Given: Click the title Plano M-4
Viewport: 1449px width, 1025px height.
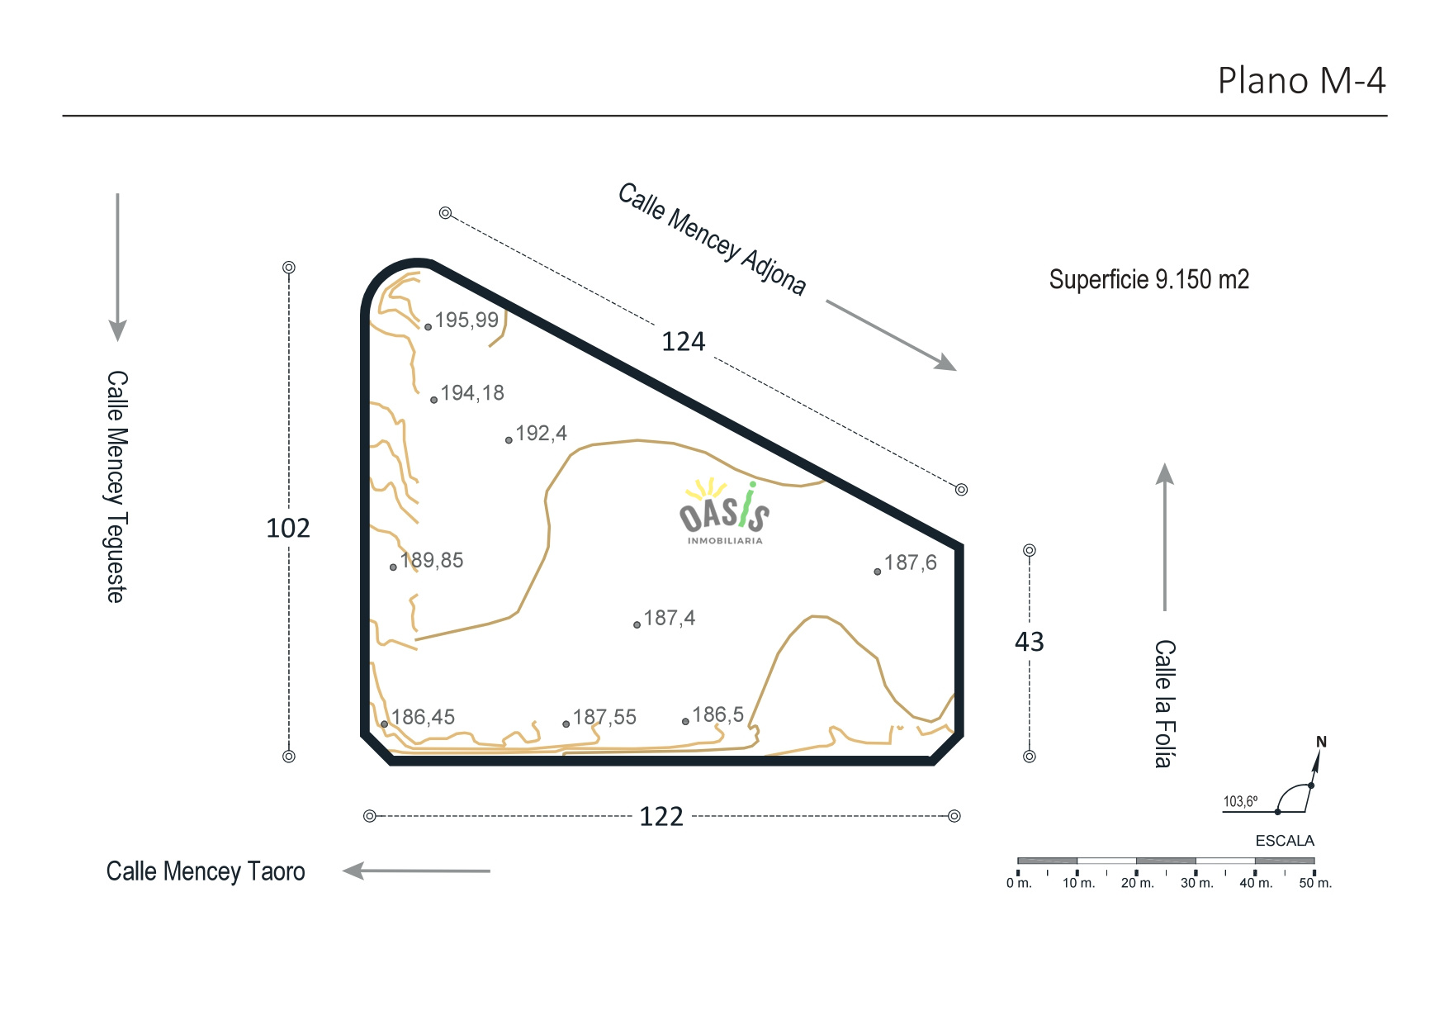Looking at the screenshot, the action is click(x=1301, y=81).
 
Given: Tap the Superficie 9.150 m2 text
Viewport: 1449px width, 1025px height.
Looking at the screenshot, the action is click(x=1148, y=280).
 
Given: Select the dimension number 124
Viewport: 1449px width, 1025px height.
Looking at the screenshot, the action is click(x=684, y=342).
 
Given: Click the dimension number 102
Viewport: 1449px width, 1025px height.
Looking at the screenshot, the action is click(x=288, y=529).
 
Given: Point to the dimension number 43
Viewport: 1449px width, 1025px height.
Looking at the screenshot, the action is click(x=1030, y=642).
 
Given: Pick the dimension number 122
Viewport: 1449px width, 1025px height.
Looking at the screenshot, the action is click(x=661, y=817).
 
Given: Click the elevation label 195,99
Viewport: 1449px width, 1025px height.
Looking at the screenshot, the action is click(x=466, y=320).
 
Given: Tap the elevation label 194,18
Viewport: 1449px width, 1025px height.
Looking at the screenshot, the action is click(x=472, y=393).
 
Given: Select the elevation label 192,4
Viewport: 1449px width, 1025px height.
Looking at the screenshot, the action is click(x=541, y=434).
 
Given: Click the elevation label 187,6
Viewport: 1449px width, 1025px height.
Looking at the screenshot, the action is click(x=911, y=563).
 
